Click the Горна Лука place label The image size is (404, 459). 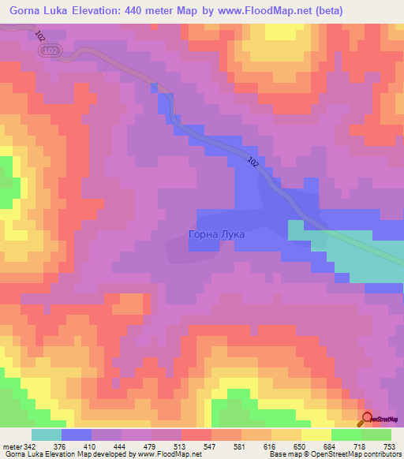click(x=217, y=234)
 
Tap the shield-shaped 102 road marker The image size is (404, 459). click(x=52, y=50)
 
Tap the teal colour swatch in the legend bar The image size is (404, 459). click(x=47, y=435)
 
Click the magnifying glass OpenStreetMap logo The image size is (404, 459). click(x=367, y=419)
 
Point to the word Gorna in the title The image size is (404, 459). click(x=26, y=10)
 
